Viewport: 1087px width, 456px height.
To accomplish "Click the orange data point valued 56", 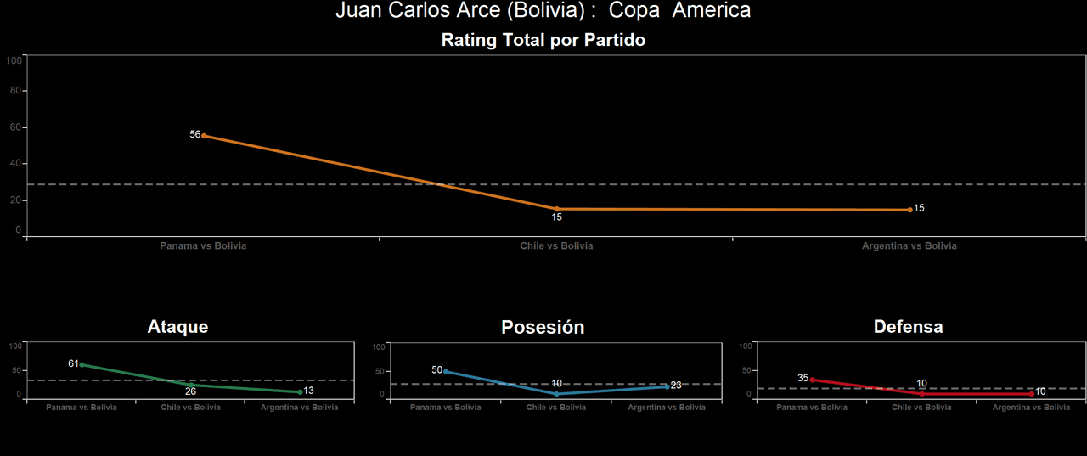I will [204, 136].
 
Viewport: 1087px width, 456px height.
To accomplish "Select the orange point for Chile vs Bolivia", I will [557, 209].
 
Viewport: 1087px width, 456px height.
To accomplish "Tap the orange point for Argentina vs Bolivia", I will [910, 210].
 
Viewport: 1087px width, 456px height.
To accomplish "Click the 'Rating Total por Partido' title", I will [543, 40].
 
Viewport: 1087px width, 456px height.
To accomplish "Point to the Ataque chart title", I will [177, 327].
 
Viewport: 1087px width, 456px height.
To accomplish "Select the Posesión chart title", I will [543, 328].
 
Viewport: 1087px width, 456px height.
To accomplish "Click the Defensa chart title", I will [908, 327].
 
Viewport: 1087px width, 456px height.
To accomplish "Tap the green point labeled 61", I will [82, 364].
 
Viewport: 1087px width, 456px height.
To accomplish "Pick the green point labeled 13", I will [300, 392].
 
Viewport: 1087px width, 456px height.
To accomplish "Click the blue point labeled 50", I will [446, 371].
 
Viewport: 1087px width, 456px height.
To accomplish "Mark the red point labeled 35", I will [812, 380].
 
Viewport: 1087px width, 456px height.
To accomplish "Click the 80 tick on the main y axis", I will [14, 91].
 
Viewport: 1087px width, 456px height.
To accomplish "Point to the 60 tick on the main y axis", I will [14, 127].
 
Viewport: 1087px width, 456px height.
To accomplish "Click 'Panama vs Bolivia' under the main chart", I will [204, 245].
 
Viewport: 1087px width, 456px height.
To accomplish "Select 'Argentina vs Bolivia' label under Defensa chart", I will [1031, 408].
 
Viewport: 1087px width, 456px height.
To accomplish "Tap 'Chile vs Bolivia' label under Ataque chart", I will [190, 408].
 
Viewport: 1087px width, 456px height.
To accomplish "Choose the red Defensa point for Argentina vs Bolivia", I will [1031, 394].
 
